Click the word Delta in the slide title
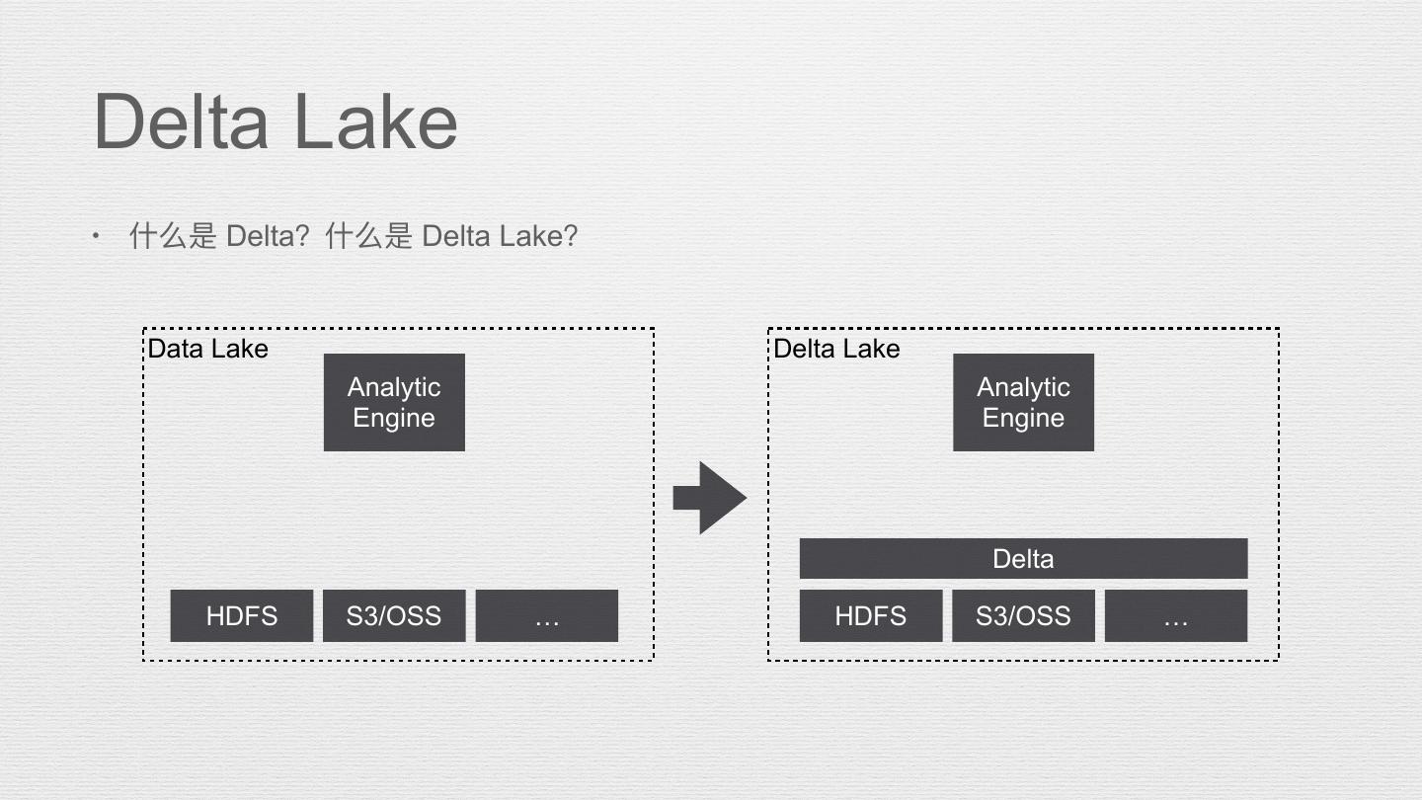181,121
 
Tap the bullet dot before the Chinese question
96,236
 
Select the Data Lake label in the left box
207,349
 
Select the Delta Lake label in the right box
835,349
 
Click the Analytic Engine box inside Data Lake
394,402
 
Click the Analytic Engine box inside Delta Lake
1023,402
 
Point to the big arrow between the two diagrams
709,498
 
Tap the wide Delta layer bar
1023,559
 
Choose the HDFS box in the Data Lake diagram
242,616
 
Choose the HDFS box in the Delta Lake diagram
870,616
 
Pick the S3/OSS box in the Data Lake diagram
394,616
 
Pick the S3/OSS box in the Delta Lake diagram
1023,616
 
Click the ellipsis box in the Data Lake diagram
547,616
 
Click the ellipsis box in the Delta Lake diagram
1175,616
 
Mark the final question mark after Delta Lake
569,236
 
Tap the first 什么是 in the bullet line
173,236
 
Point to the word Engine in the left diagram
394,418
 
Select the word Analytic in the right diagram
1023,387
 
